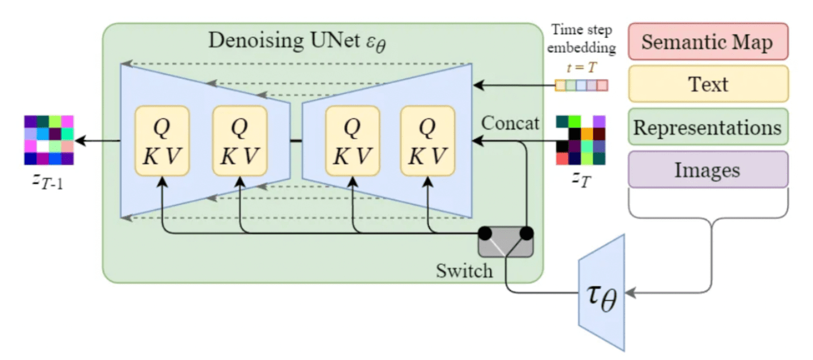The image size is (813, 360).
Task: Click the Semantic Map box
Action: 708,41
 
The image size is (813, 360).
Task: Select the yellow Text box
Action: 708,84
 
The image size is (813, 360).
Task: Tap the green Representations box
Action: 708,127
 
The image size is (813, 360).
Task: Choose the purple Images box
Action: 708,169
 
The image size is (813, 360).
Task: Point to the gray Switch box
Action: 506,242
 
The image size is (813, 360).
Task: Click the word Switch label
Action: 464,271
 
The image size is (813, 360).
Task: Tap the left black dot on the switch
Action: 485,233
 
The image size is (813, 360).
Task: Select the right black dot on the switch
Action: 527,233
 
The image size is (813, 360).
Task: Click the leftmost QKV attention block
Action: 162,140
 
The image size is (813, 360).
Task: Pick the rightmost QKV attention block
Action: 427,140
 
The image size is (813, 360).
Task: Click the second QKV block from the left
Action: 239,140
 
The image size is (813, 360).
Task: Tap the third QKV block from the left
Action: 352,140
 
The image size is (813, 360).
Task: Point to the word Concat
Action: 510,123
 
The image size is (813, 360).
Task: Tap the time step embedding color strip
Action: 581,85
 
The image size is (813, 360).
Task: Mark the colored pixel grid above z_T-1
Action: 49,140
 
